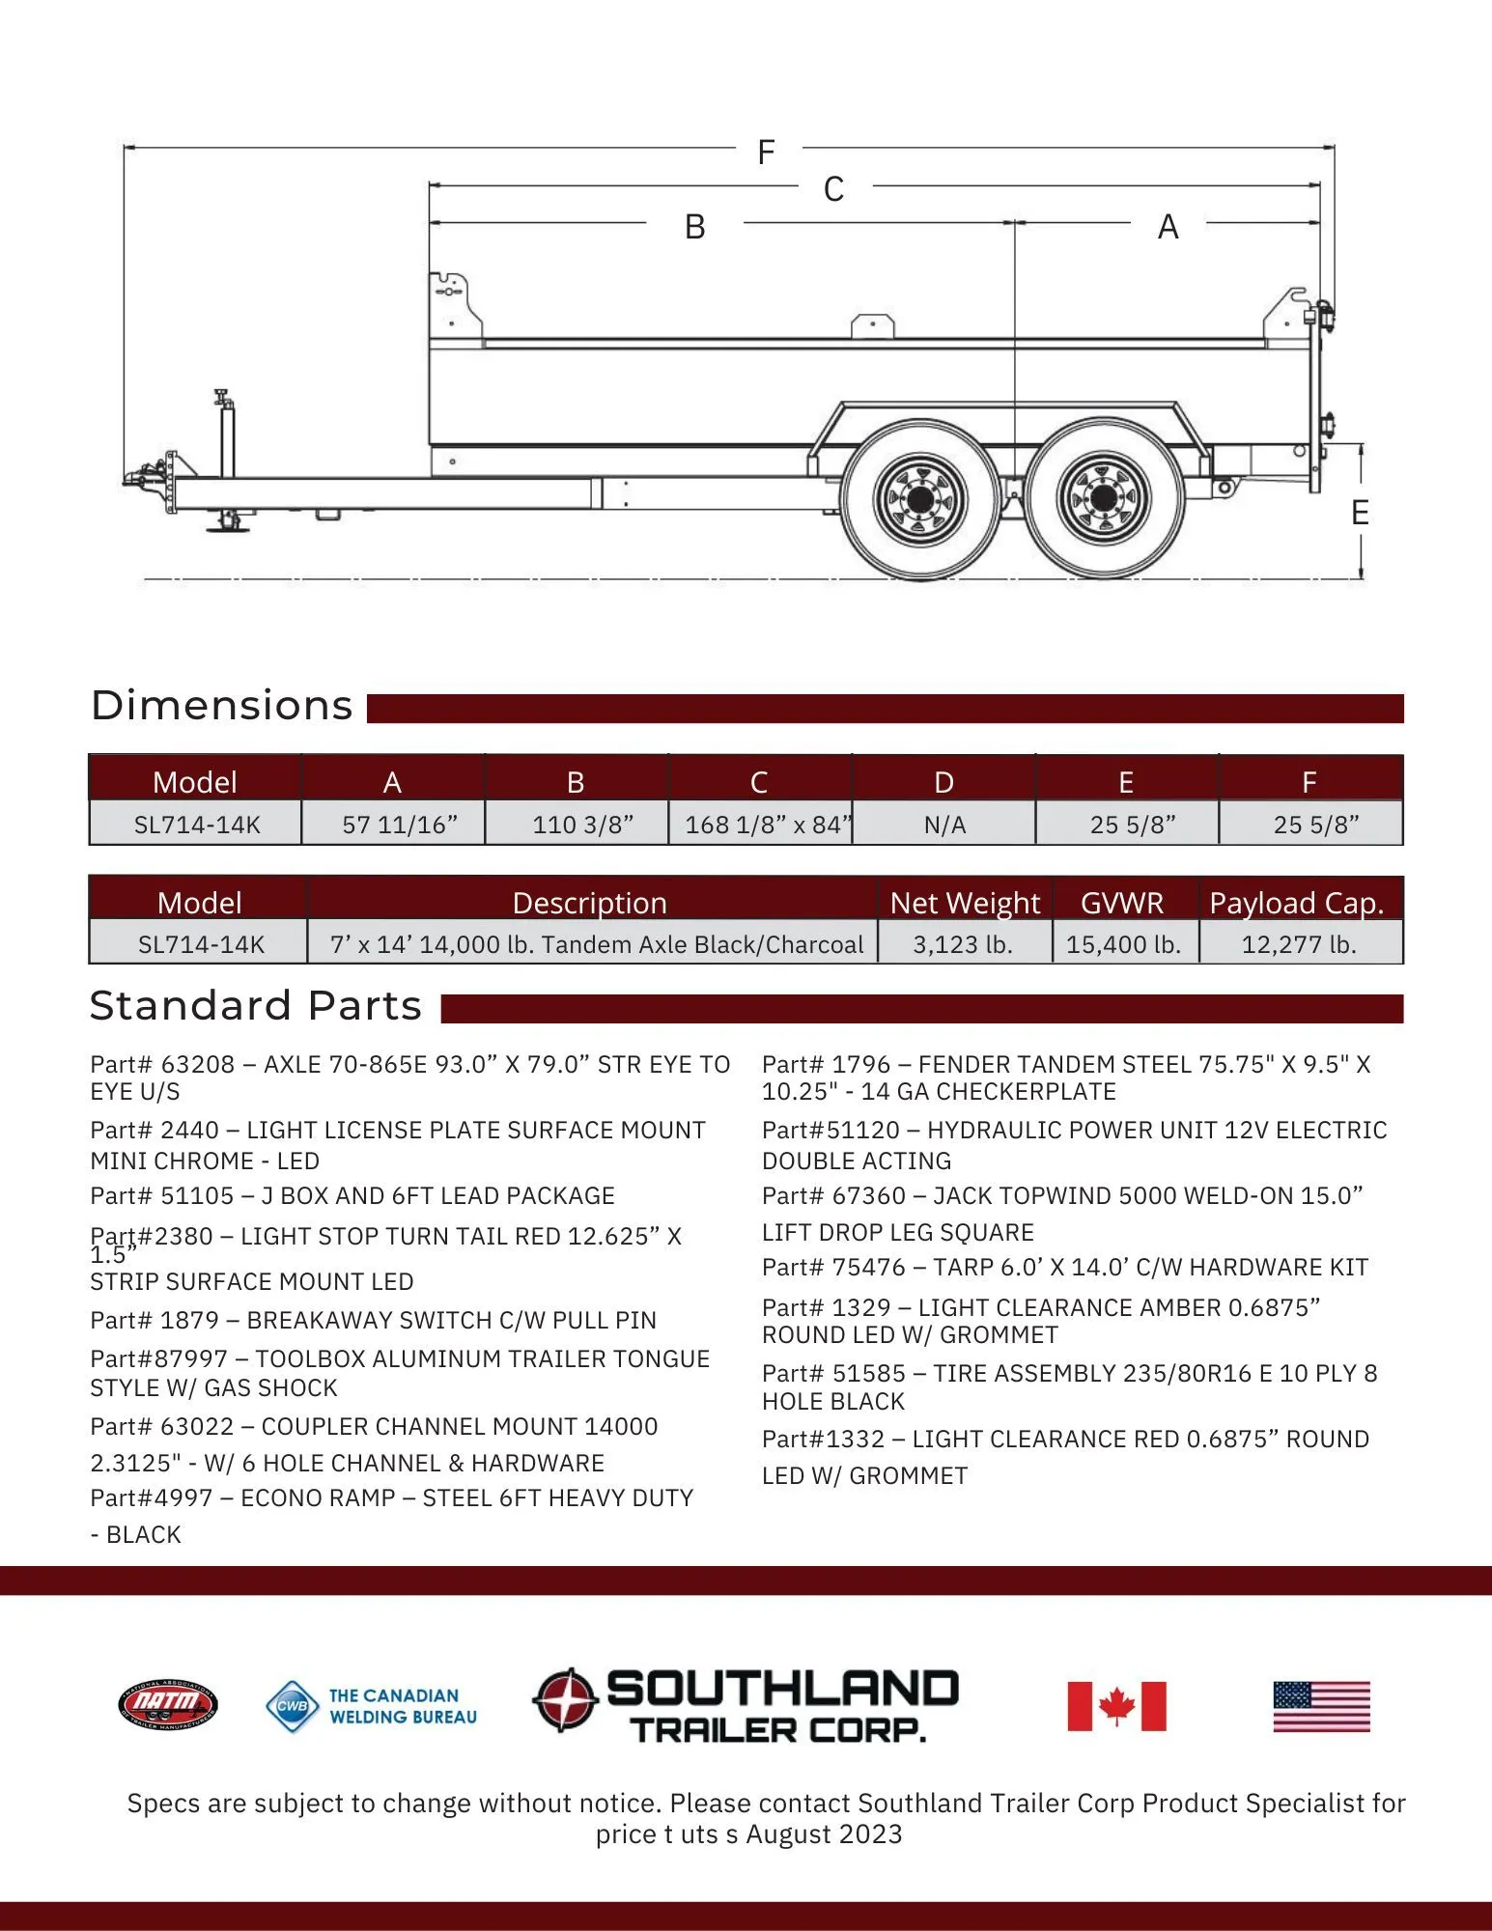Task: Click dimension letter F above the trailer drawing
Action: [766, 153]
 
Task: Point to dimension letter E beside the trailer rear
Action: [1360, 513]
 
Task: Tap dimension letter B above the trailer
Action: [694, 228]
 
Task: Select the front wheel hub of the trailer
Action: [920, 499]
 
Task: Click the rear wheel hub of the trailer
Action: [1103, 499]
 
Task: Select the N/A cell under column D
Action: [943, 825]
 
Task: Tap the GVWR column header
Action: [1122, 903]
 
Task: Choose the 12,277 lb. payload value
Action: [1299, 944]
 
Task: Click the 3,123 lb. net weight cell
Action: [963, 944]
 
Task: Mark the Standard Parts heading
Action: [256, 1006]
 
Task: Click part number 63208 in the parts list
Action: [197, 1065]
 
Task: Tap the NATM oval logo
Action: [168, 1705]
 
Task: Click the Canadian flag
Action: [1116, 1706]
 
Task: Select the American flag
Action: [1321, 1706]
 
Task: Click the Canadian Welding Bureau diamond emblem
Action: [292, 1706]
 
